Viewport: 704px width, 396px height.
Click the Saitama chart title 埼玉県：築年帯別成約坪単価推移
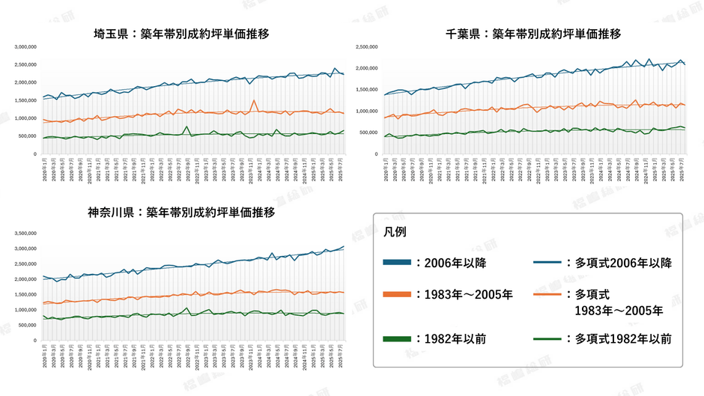click(x=181, y=34)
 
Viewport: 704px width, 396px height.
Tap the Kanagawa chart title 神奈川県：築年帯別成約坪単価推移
click(x=181, y=213)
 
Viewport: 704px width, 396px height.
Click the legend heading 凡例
click(x=395, y=231)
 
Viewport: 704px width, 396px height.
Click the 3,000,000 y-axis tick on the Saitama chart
click(x=26, y=46)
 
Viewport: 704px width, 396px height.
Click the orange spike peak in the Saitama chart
click(x=254, y=100)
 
